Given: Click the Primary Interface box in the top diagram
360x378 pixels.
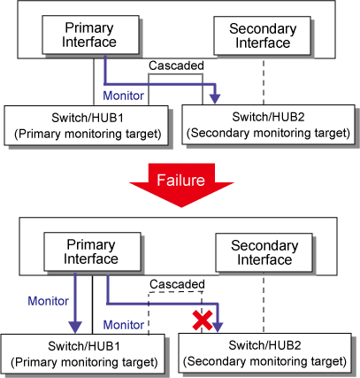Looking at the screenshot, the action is (90, 35).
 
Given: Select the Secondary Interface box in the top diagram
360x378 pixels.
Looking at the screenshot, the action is (262, 35).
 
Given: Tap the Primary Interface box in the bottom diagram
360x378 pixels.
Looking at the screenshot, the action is (92, 251).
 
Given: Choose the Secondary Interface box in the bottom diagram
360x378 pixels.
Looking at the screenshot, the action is (264, 252).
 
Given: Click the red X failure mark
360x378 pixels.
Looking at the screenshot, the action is (203, 320).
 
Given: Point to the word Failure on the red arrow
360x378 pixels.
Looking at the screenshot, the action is (180, 180).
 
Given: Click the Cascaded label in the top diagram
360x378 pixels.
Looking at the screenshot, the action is (176, 66).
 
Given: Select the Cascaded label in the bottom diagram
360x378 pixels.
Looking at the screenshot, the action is (177, 284).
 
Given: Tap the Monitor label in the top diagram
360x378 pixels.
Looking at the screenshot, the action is (124, 96).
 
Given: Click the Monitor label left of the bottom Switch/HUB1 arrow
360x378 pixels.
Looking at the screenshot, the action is (48, 301).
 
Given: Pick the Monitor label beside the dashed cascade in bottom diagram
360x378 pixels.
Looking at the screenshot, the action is (124, 325).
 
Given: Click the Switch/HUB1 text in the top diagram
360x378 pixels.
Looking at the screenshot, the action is (88, 118).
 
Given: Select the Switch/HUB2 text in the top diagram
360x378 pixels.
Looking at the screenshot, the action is (268, 117).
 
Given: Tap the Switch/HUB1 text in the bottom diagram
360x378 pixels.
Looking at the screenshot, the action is (84, 346).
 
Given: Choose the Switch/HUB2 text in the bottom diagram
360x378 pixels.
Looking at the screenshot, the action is (264, 345).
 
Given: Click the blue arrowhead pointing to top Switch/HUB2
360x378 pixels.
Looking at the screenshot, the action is (216, 98).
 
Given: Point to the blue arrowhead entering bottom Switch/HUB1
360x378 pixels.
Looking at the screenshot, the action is (75, 328).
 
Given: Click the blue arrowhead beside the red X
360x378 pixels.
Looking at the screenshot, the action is (218, 327).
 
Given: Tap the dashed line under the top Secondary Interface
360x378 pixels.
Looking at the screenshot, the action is (264, 82).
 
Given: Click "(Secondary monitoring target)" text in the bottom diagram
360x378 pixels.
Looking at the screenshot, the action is (264, 361).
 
